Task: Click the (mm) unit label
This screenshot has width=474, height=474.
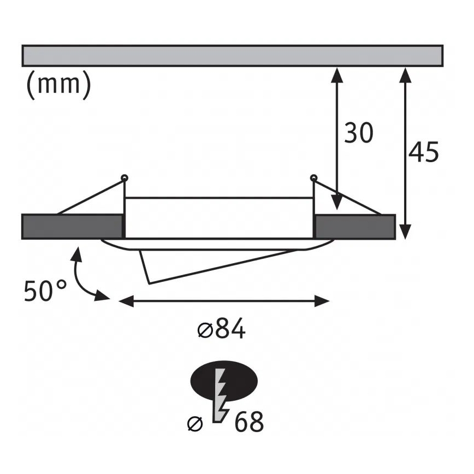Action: [x=58, y=86]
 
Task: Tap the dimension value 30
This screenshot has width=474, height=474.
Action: [x=359, y=133]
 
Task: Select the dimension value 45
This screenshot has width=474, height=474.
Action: [x=424, y=152]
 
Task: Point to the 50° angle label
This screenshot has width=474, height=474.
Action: [x=45, y=291]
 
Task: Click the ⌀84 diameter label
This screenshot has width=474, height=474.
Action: [x=221, y=328]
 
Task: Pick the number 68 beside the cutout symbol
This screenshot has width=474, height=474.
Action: [x=249, y=421]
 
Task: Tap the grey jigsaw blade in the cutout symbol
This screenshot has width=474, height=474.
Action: [x=220, y=395]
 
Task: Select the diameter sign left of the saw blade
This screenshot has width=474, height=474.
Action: [x=195, y=423]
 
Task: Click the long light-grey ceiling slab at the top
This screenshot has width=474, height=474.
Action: [x=233, y=56]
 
